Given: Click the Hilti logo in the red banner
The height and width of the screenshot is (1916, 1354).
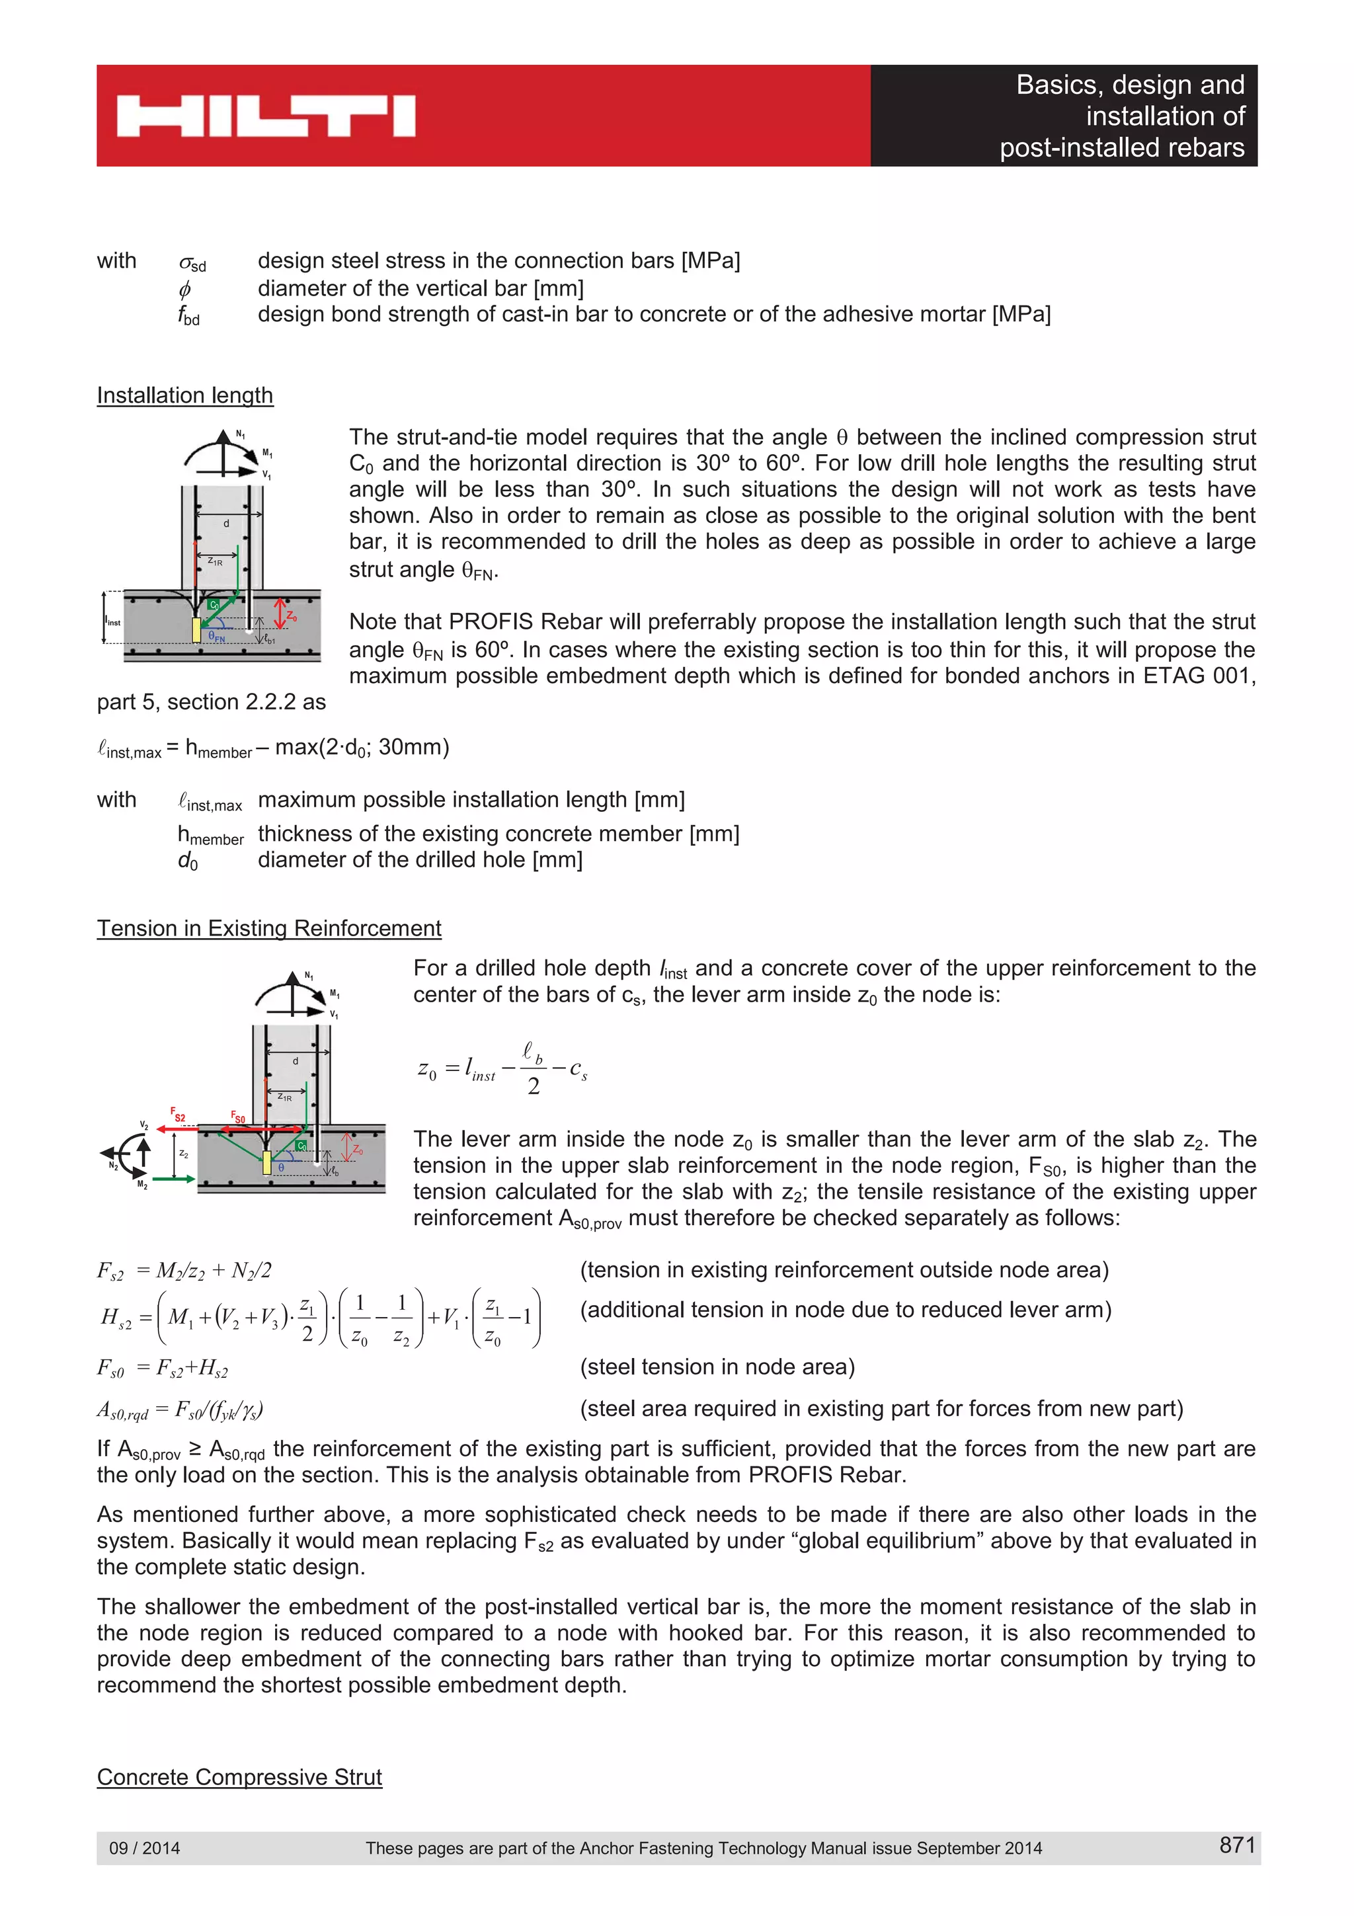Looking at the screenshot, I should coord(265,116).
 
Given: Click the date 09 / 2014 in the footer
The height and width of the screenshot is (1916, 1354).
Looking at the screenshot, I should coord(144,1847).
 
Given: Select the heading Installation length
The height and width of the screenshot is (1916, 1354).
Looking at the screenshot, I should coord(184,395).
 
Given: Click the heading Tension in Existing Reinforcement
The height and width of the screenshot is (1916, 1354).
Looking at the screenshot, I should coord(268,928).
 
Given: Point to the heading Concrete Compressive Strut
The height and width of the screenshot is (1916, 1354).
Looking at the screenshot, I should coord(239,1776).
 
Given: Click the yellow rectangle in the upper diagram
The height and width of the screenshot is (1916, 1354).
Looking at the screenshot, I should coord(197,630).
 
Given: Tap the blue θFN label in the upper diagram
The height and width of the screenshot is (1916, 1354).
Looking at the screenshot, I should coord(217,637).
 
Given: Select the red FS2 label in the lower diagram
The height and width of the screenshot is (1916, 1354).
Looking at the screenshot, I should coord(178,1114).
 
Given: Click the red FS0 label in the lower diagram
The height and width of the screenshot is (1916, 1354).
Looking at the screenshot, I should coord(238,1117).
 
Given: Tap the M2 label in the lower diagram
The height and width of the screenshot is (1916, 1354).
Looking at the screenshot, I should coord(143,1185).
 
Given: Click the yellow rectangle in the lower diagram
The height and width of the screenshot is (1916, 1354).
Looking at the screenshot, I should coord(267,1162).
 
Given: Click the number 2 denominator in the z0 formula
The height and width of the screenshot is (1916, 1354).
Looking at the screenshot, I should coord(533,1086).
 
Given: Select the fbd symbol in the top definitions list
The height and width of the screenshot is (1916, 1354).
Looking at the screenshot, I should coord(188,315).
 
